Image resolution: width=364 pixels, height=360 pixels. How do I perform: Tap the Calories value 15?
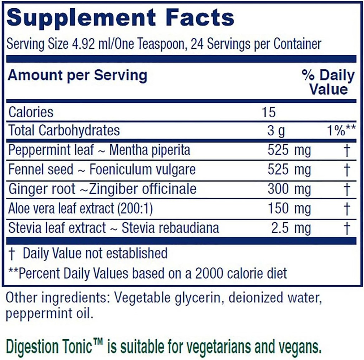tap(268, 112)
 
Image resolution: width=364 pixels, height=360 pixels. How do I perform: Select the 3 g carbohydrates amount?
tap(276, 131)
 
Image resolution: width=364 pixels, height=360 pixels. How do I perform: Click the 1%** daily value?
tap(341, 131)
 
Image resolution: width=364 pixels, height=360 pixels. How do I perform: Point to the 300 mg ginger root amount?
tap(289, 189)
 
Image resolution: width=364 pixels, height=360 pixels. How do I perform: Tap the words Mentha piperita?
tap(150, 150)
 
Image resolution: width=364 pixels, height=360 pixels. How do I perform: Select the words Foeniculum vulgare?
tap(142, 170)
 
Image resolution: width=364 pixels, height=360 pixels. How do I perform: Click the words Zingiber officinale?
tap(144, 189)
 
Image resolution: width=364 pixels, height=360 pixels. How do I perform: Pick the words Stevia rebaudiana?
tap(170, 228)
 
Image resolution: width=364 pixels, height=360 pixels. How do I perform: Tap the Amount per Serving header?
tap(77, 75)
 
